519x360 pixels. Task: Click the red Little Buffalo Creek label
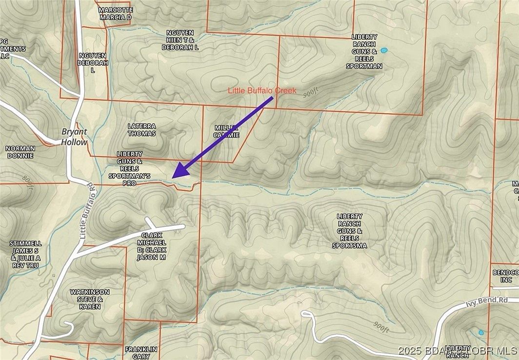(262, 91)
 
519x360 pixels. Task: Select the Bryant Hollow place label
(74, 137)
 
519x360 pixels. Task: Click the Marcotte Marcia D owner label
(115, 13)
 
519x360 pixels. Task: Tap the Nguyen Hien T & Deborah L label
(180, 40)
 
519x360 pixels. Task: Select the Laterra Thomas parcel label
(141, 129)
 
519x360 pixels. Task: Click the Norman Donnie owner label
(20, 152)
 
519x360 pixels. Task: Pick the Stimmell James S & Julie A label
(26, 254)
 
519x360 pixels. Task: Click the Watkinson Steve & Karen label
(90, 299)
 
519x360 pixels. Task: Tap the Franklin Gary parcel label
(140, 352)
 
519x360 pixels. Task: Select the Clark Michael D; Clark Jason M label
(152, 246)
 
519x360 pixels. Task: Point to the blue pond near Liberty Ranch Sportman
(384, 50)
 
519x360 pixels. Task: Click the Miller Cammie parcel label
(227, 131)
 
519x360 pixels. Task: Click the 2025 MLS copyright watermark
(458, 351)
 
